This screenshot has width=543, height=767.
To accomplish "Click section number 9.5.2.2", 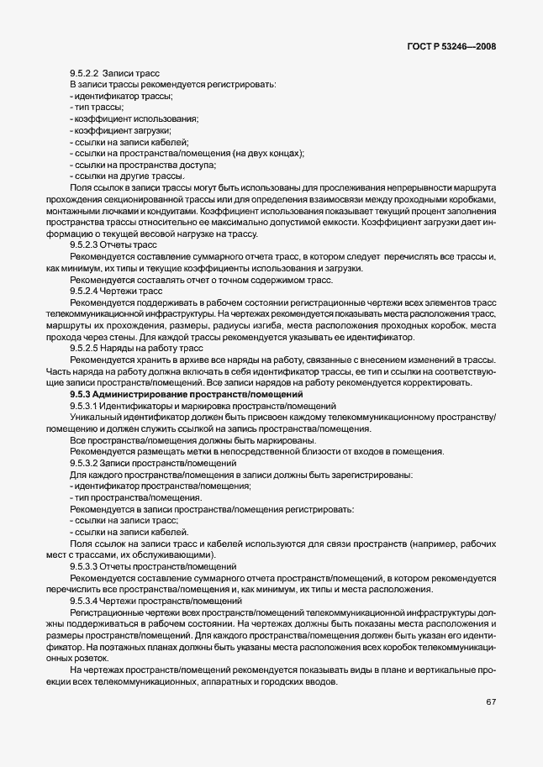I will pyautogui.click(x=85, y=74).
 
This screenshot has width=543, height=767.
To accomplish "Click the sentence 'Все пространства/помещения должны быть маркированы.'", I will pyautogui.click(x=192, y=440).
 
